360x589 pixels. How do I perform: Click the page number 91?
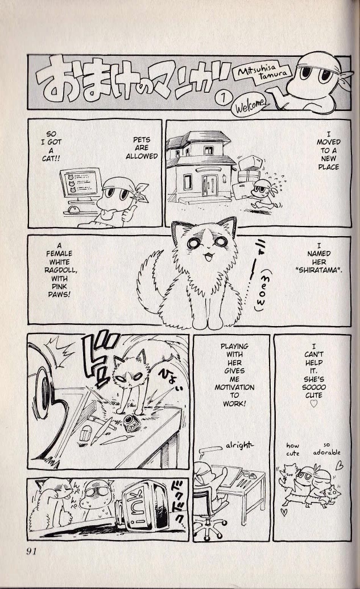(x=31, y=551)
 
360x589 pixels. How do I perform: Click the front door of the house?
(x=209, y=185)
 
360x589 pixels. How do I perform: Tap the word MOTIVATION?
(x=234, y=387)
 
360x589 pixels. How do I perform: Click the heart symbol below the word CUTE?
(x=314, y=404)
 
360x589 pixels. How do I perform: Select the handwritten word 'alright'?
(x=239, y=446)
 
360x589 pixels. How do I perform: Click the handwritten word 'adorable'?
(x=326, y=452)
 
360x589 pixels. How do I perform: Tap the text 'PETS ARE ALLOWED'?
(x=142, y=148)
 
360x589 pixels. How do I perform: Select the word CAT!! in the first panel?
(x=51, y=159)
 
